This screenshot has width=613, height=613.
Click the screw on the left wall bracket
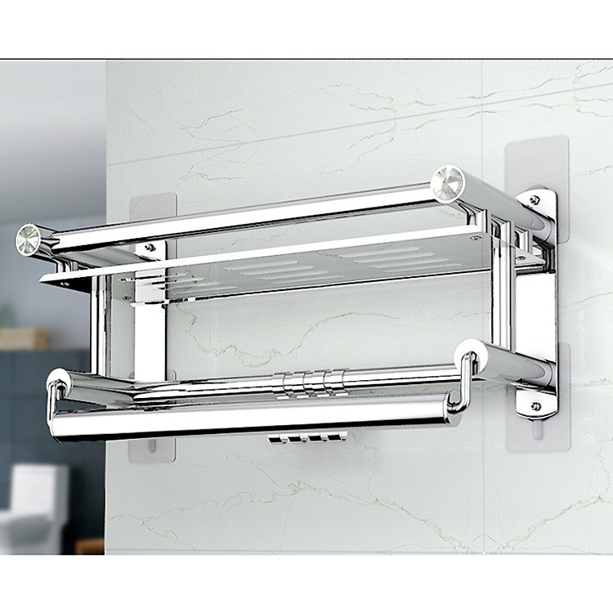pyautogui.click(x=149, y=246)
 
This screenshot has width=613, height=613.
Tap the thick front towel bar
pyautogui.click(x=245, y=417)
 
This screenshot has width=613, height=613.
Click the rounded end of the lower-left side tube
pyautogui.click(x=59, y=380)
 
